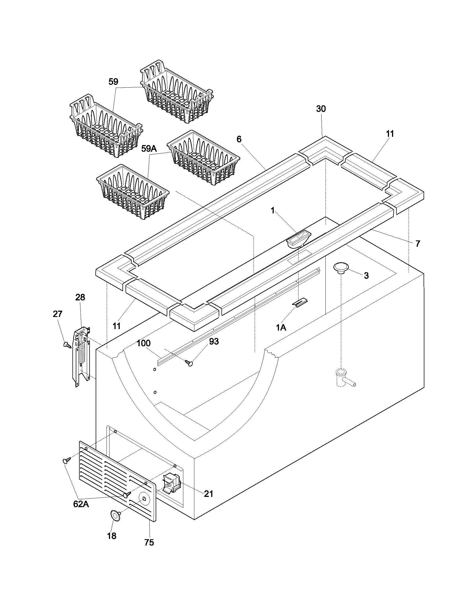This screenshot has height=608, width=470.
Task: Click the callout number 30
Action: pyautogui.click(x=321, y=109)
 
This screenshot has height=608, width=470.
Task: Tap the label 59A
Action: pyautogui.click(x=149, y=149)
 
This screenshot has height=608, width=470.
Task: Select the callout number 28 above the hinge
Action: pyautogui.click(x=80, y=297)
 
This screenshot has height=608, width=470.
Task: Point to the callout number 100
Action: pyautogui.click(x=144, y=343)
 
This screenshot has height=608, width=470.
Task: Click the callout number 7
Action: pyautogui.click(x=417, y=243)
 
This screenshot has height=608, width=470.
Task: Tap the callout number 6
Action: pyautogui.click(x=239, y=139)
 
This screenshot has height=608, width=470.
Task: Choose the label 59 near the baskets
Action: pyautogui.click(x=113, y=82)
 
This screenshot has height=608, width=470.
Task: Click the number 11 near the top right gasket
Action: pyautogui.click(x=390, y=134)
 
